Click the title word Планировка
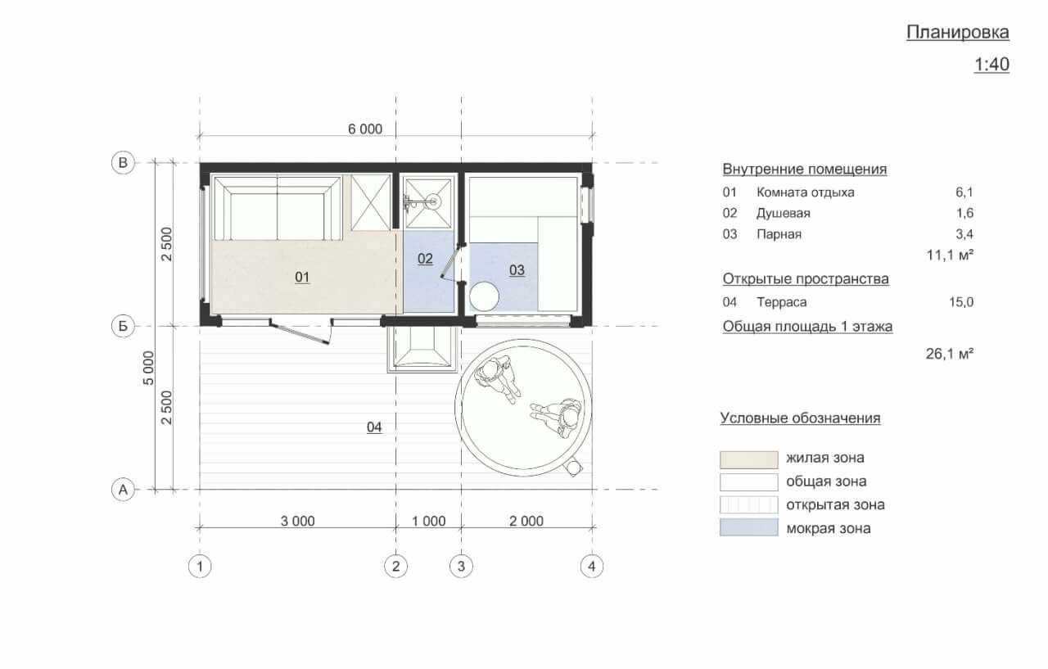click(957, 32)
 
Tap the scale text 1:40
click(992, 65)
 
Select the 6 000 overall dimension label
click(365, 129)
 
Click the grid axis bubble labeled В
click(123, 162)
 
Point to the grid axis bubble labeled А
click(123, 490)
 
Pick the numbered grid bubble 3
click(461, 567)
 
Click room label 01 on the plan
click(302, 278)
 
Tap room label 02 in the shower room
click(425, 259)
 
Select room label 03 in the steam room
click(517, 270)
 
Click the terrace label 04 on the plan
click(374, 427)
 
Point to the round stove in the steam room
click(484, 296)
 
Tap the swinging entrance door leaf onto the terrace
click(300, 333)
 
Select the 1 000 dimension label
click(428, 521)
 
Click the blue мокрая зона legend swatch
click(748, 527)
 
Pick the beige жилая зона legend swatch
click(748, 459)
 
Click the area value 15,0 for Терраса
click(961, 302)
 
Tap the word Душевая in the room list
click(784, 214)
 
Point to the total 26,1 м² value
click(949, 354)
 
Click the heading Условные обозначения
click(800, 418)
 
